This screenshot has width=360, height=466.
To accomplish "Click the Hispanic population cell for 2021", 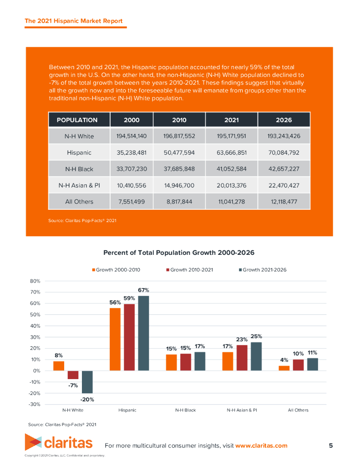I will point(231,152).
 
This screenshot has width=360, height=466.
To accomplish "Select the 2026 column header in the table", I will point(284,120).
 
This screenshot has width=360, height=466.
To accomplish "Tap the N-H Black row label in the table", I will point(79,169).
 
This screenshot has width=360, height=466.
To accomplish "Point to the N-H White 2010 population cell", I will point(179,136).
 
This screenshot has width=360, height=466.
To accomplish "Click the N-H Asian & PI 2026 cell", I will point(284,185).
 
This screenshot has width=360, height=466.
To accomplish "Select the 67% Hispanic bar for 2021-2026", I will point(143,333).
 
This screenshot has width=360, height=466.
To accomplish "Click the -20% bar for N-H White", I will point(87,382).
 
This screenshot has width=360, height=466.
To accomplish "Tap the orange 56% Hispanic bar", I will point(115,339).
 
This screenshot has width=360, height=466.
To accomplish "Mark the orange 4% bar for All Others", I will point(284,368).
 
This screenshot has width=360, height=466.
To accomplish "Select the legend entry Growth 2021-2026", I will point(264,270).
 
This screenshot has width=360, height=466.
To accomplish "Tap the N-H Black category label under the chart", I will point(185,410).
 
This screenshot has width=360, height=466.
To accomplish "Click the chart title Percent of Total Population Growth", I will point(179,253).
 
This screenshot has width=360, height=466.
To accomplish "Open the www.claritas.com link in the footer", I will point(261,446).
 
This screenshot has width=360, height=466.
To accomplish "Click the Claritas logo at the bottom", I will point(58,442).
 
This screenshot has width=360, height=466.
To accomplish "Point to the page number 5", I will point(331,446).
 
